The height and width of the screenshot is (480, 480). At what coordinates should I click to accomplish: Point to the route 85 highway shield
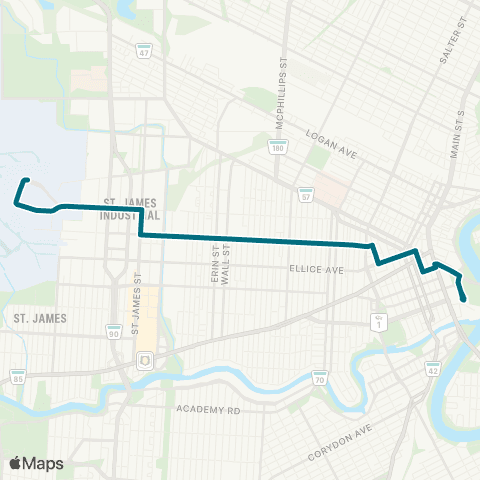click(x=18, y=378)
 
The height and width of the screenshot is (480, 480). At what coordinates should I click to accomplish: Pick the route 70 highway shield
click(x=319, y=379)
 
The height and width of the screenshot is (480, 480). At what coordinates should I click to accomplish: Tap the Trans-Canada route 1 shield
click(x=379, y=321)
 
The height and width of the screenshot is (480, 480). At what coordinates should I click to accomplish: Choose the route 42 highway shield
click(x=433, y=370)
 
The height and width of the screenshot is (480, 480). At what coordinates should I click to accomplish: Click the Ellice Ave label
click(x=316, y=269)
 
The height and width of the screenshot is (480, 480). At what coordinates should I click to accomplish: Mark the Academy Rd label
click(x=208, y=410)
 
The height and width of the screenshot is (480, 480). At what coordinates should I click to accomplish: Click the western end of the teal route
click(x=25, y=181)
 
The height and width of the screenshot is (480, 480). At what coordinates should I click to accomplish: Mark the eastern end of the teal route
click(x=463, y=299)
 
